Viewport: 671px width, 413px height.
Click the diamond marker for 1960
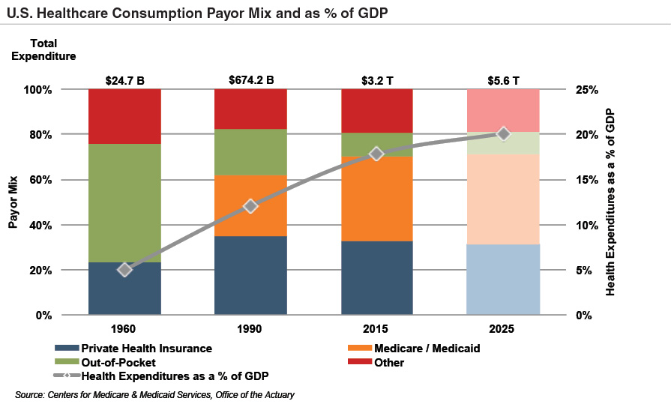pyautogui.click(x=125, y=269)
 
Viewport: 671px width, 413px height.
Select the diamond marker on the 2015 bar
pyautogui.click(x=377, y=154)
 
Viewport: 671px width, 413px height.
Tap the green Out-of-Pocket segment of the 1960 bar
pyautogui.click(x=125, y=202)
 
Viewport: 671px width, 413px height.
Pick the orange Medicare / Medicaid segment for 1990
pyautogui.click(x=251, y=205)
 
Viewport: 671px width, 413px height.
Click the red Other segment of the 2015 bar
pyautogui.click(x=377, y=111)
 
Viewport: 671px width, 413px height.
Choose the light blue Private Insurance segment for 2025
pyautogui.click(x=503, y=279)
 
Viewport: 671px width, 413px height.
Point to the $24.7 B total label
pyautogui.click(x=124, y=79)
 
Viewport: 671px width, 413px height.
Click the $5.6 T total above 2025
pyautogui.click(x=503, y=79)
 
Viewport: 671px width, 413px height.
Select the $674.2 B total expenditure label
pyautogui.click(x=251, y=79)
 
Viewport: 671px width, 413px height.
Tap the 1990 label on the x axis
pyautogui.click(x=251, y=328)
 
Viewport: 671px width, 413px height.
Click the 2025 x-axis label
pyautogui.click(x=503, y=328)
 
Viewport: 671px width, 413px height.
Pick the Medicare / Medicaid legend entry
pyautogui.click(x=423, y=349)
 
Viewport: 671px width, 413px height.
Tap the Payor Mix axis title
pyautogui.click(x=13, y=202)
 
